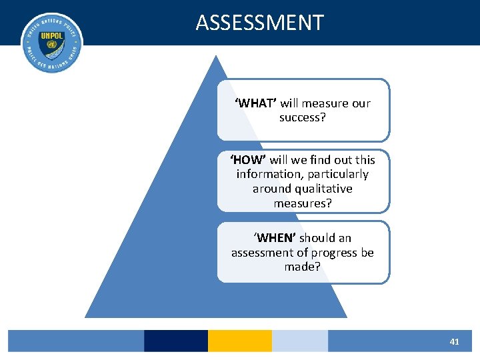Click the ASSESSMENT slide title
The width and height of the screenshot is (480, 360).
pos(260,23)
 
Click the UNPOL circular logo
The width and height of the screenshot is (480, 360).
pos(51,42)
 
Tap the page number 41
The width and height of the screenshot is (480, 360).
pos(454,341)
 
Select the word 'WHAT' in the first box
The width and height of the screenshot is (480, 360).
pos(255,103)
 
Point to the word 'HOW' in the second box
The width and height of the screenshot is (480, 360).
pos(248,160)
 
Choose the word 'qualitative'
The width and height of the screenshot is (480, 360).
pos(319,189)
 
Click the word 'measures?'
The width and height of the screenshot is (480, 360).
pos(303,203)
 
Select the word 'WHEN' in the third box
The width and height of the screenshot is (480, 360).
pos(275,238)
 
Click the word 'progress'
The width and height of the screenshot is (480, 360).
pos(333,253)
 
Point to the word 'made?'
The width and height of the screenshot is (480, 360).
pos(303,267)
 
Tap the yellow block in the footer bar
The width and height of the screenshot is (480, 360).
pos(240,341)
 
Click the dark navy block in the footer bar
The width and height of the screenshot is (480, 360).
pos(176,341)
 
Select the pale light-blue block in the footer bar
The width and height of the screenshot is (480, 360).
pos(300,341)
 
